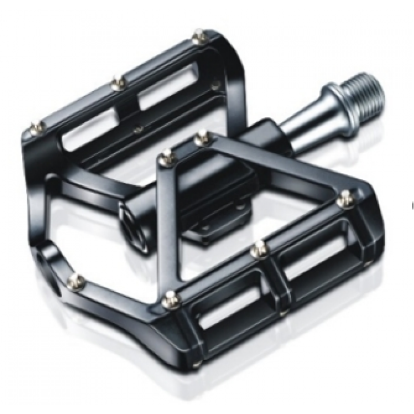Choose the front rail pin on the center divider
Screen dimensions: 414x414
[257, 248]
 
